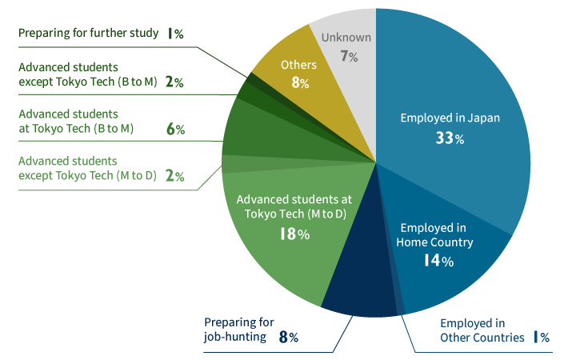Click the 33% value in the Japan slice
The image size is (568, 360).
click(x=449, y=138)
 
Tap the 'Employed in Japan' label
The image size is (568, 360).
click(x=450, y=118)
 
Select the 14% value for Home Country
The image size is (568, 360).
click(x=438, y=260)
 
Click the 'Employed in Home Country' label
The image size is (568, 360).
click(x=435, y=235)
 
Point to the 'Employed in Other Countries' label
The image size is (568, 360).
click(x=472, y=330)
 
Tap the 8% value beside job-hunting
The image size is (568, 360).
click(x=288, y=337)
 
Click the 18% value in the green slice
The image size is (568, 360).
click(x=294, y=234)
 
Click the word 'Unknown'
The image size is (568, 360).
click(x=346, y=38)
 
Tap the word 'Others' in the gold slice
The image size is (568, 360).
click(x=298, y=65)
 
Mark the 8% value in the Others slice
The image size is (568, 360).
click(x=299, y=82)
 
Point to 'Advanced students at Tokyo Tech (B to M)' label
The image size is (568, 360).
click(x=75, y=121)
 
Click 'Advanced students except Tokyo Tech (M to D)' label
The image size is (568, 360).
click(x=86, y=168)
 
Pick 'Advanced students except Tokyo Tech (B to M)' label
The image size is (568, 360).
click(x=87, y=74)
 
